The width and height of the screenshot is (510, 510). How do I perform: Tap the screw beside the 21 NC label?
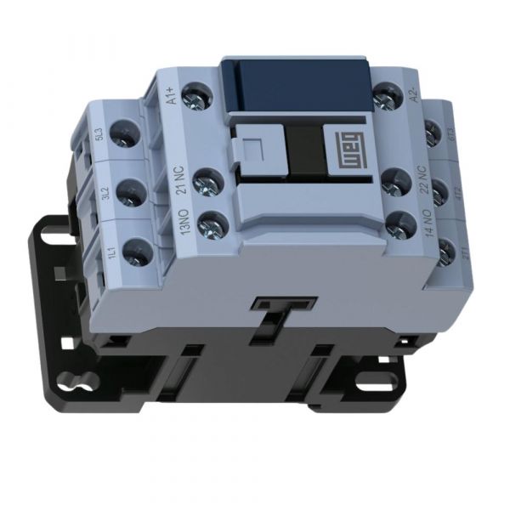click(207, 180)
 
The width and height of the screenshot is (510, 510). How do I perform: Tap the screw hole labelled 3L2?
click(131, 193)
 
